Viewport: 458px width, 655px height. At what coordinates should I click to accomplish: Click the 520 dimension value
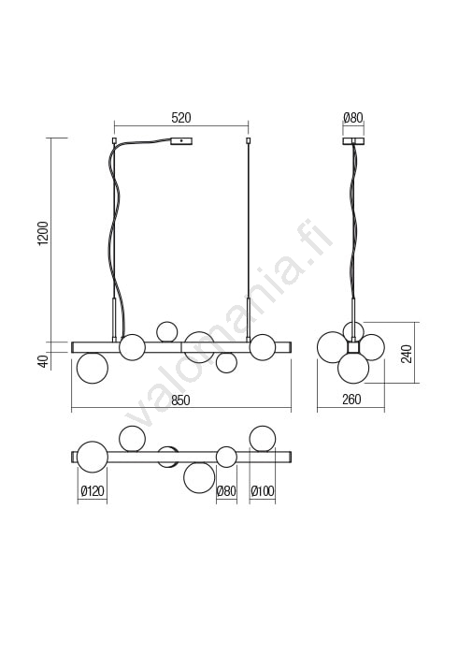181,118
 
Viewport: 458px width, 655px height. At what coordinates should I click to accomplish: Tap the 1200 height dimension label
43,234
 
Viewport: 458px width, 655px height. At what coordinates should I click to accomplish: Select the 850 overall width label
180,400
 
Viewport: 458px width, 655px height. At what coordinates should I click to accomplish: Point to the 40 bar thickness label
44,360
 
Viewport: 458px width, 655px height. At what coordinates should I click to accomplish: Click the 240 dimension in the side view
407,354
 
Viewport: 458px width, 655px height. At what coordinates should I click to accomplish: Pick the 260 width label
351,400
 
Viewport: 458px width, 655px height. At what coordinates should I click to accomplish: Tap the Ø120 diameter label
93,490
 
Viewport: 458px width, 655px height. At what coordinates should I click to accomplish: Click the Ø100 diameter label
263,490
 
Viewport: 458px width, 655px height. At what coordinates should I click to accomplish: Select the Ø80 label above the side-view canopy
353,118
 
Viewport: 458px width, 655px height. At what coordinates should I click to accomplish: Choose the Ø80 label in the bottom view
226,490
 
